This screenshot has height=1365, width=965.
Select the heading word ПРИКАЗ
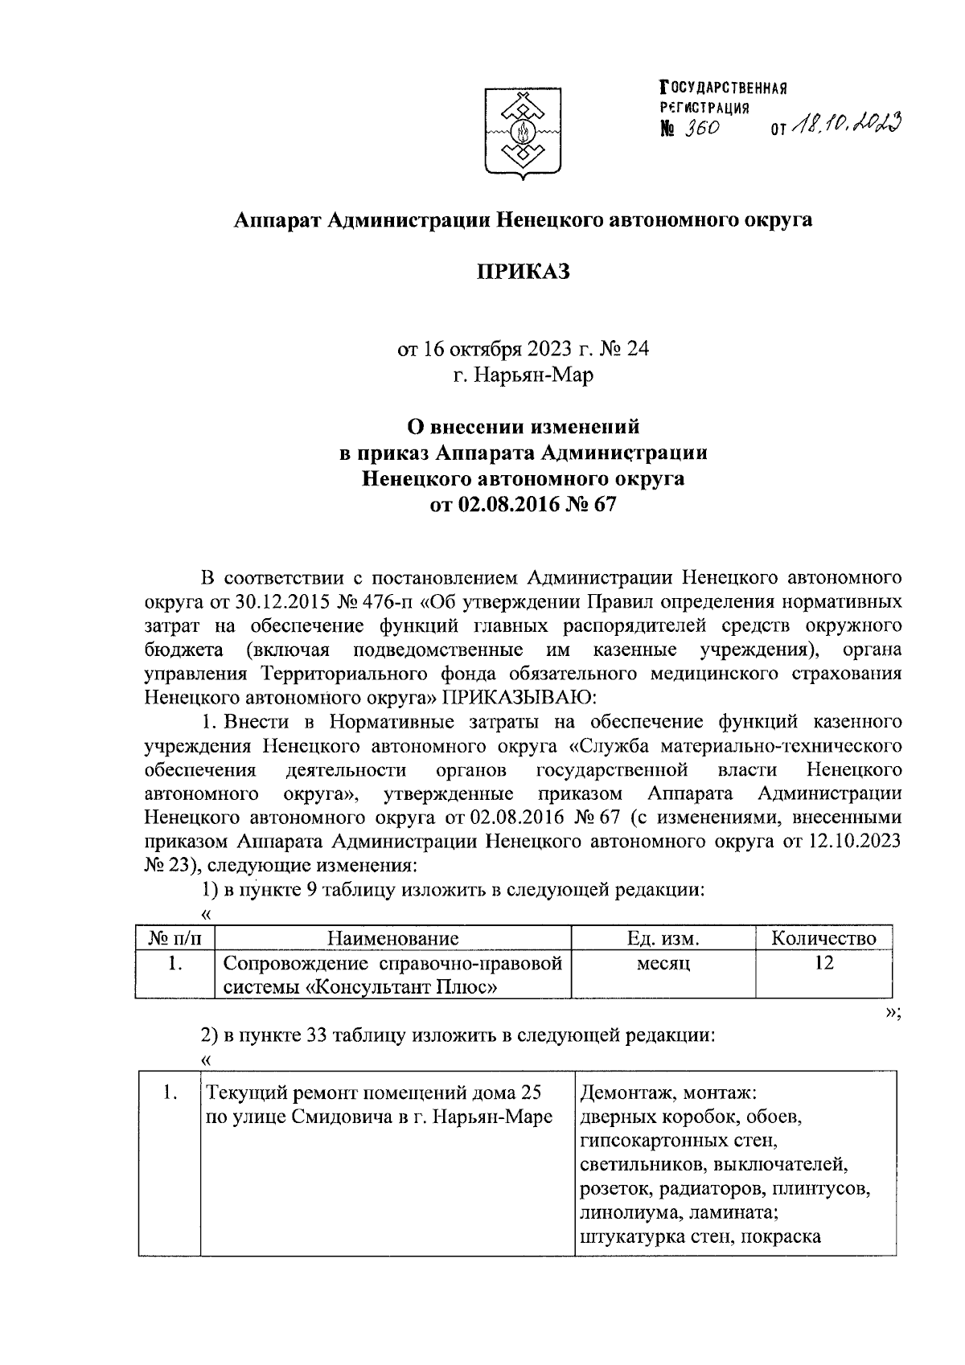point(523,272)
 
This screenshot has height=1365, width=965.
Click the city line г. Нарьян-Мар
point(523,375)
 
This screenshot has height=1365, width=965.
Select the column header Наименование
point(393,938)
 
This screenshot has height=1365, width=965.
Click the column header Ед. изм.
point(663,938)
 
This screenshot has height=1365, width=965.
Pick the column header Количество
point(823,938)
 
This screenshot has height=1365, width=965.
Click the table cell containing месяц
point(663,964)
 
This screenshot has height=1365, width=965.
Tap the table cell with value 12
point(823,963)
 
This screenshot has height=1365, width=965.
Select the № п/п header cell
point(175,938)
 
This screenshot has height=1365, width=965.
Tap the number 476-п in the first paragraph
point(386,601)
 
